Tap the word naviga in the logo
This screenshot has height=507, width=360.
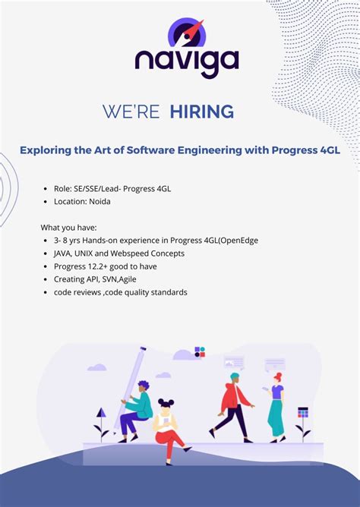click(187, 61)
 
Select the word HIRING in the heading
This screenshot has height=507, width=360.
click(202, 112)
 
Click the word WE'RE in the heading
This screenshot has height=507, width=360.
click(131, 112)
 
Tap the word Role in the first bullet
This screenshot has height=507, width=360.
click(62, 189)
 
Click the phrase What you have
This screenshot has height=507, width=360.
click(69, 227)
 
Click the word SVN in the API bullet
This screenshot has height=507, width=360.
click(112, 279)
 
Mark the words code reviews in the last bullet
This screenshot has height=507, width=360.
click(79, 292)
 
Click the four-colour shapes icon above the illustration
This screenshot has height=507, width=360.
click(200, 351)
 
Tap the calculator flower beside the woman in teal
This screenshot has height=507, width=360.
click(303, 418)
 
